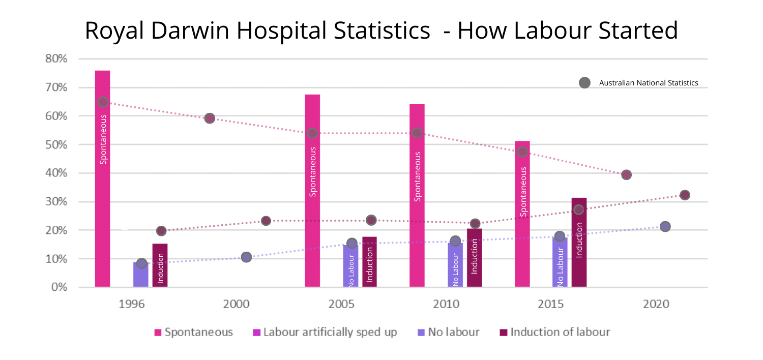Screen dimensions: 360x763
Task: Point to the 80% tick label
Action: point(56,58)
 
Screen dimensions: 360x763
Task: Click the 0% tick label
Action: point(60,287)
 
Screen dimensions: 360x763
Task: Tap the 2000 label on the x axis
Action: point(237,305)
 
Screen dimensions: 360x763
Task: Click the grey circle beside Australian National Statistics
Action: point(584,83)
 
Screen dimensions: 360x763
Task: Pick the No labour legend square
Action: point(421,333)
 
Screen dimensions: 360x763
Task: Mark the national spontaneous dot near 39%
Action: point(626,175)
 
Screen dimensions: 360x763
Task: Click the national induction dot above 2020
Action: point(685,195)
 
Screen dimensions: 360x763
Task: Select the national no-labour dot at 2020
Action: point(665,226)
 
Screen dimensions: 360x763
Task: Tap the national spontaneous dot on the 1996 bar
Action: point(103,102)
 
